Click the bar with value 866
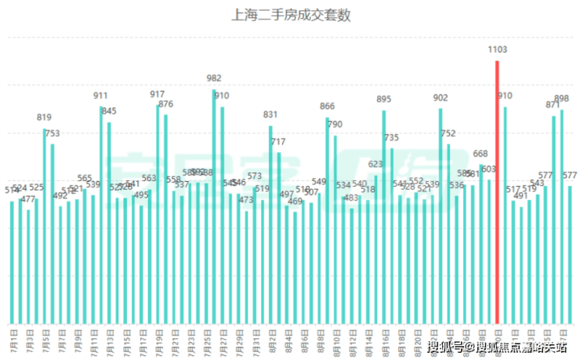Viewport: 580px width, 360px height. click(x=328, y=220)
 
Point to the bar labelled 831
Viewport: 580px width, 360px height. click(x=270, y=224)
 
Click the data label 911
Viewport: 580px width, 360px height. click(x=100, y=96)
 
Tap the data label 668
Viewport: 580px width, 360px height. click(x=480, y=154)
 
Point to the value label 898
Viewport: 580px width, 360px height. click(x=561, y=99)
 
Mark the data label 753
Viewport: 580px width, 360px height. click(x=52, y=133)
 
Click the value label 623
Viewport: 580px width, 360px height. click(x=375, y=164)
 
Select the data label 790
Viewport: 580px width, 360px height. click(x=335, y=125)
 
